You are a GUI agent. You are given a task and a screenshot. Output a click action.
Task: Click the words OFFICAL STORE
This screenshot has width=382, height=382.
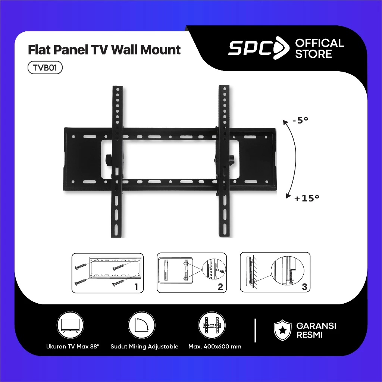pyautogui.click(x=319, y=48)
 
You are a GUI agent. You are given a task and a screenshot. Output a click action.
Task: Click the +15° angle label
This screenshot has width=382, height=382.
pyautogui.click(x=307, y=198)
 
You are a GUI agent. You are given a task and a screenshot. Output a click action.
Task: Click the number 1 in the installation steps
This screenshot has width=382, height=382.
pyautogui.click(x=136, y=287)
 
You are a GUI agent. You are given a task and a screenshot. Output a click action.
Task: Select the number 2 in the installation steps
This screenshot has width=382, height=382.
pyautogui.click(x=220, y=287)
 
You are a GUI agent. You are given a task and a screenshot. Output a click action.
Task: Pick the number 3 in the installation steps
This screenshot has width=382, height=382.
pyautogui.click(x=304, y=287)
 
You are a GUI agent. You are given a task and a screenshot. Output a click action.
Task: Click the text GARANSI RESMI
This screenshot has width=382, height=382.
pyautogui.click(x=316, y=330)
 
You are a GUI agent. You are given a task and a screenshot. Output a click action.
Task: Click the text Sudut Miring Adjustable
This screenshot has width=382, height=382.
pyautogui.click(x=144, y=347)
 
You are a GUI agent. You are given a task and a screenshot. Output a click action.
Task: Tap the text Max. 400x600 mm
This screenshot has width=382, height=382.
pyautogui.click(x=215, y=347)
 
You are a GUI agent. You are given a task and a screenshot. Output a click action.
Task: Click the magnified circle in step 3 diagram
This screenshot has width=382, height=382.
pyautogui.click(x=287, y=272)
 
